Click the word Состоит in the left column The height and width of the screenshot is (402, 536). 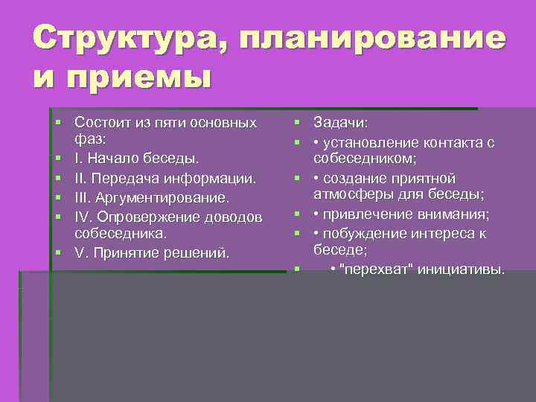[100, 121]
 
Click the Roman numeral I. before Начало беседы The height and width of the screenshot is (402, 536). [79, 158]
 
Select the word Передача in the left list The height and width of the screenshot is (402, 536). [125, 179]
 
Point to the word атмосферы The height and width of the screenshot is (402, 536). [349, 196]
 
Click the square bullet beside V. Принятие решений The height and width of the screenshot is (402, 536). [57, 253]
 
